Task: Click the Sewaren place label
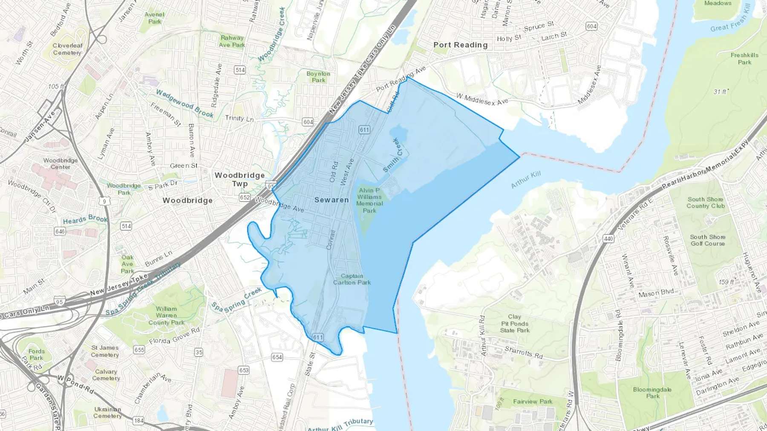click(331, 200)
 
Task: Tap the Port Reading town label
click(460, 45)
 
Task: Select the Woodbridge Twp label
click(239, 179)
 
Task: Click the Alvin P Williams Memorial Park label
click(369, 200)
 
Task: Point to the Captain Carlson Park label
click(352, 279)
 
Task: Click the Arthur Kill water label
click(526, 180)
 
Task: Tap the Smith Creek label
click(392, 155)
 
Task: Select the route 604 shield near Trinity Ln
click(308, 122)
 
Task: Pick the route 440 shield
click(608, 238)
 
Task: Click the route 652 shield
click(245, 197)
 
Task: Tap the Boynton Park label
click(318, 77)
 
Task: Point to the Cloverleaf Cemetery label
click(67, 49)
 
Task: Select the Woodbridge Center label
click(61, 163)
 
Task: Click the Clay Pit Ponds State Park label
click(514, 323)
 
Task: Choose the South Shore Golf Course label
click(707, 240)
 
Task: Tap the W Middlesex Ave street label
click(482, 99)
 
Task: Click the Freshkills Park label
click(744, 58)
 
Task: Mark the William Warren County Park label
click(166, 315)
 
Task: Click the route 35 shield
click(199, 352)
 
